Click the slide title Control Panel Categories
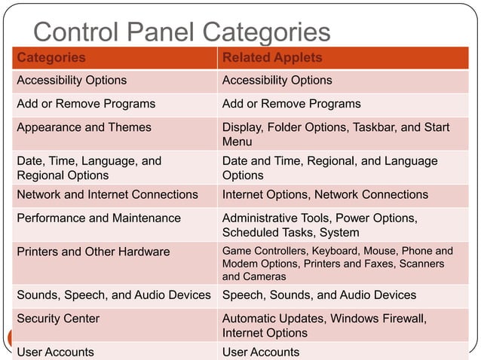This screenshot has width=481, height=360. tap(182, 32)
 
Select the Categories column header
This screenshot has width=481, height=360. tap(51, 57)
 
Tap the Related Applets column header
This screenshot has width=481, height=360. tap(272, 57)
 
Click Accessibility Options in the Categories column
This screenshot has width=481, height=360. tap(72, 80)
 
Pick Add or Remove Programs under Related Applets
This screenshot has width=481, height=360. tap(291, 103)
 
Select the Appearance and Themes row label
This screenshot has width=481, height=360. tap(84, 127)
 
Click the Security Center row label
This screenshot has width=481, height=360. tap(58, 319)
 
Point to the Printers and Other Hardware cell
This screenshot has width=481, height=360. tap(93, 252)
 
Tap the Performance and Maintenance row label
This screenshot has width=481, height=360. tap(99, 218)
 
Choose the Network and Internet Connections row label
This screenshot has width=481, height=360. tap(107, 194)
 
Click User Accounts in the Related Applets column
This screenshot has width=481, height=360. tap(260, 352)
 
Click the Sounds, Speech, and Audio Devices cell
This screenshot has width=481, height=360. tap(113, 294)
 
